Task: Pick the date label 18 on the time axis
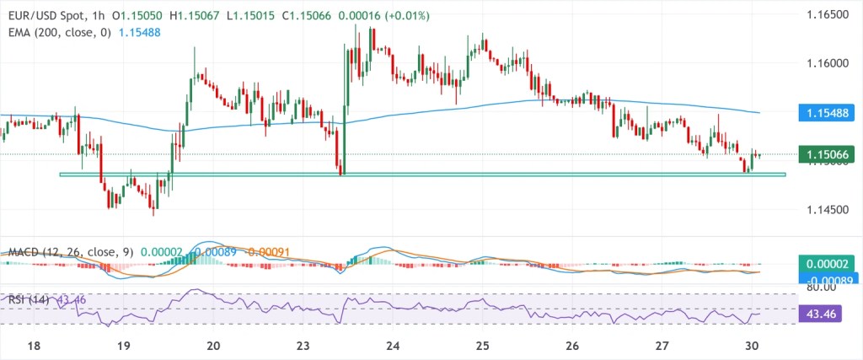(x=33, y=346)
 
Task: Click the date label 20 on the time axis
(x=213, y=346)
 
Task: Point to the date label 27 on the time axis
(x=662, y=346)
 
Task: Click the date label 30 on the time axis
(x=753, y=346)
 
